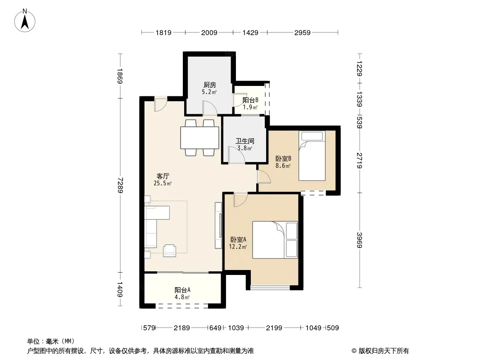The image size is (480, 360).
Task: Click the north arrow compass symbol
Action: tap(25, 21)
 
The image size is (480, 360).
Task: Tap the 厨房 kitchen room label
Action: tap(210, 85)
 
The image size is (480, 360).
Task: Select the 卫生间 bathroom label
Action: tap(245, 141)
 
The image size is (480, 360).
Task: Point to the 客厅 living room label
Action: tap(163, 176)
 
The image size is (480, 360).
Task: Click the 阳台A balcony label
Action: tap(182, 290)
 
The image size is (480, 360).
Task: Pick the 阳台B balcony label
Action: tap(250, 100)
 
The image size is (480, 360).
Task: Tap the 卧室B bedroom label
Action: tap(283, 158)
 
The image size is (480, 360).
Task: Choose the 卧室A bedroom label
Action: tap(238, 239)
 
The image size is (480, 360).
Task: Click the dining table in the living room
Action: tap(199, 138)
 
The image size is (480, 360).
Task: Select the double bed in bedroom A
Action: tap(275, 240)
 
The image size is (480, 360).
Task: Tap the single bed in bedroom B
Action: tap(312, 156)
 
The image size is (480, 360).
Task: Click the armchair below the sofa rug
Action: tap(170, 251)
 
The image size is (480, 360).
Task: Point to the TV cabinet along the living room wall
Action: tap(218, 225)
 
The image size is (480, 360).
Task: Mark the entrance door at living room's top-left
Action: tap(160, 104)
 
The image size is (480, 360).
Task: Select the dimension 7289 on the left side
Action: tap(120, 185)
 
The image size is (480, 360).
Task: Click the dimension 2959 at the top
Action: tap(303, 33)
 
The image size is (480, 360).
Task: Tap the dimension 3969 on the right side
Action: tap(360, 240)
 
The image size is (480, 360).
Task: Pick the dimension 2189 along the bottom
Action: tap(182, 328)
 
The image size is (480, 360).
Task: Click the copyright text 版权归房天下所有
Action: tap(384, 351)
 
